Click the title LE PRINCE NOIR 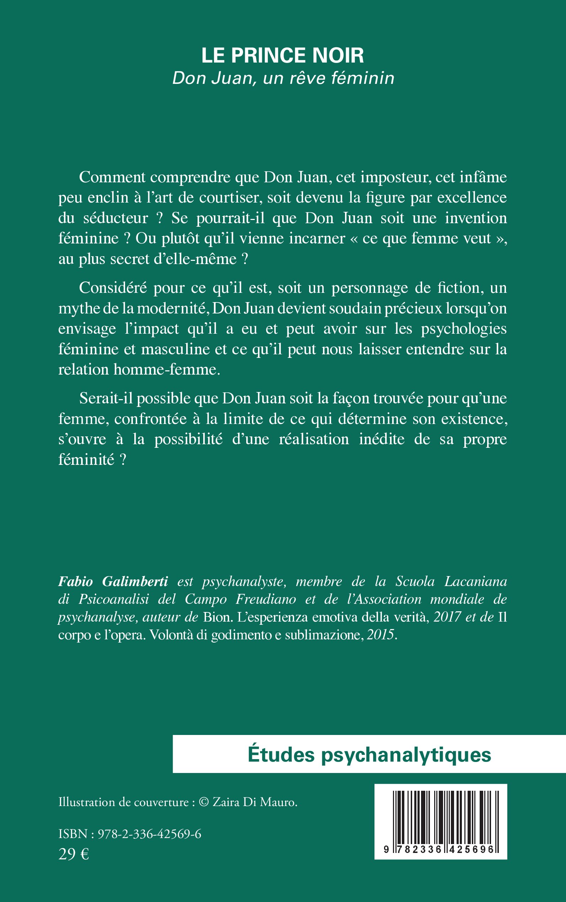[282, 55]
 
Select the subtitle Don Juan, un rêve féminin [283, 78]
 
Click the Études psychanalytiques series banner [369, 755]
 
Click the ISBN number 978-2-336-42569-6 [149, 834]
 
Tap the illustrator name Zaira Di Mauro [254, 802]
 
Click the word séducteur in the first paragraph [116, 218]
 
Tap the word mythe [78, 308]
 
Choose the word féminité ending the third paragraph [86, 460]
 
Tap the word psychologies [463, 329]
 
